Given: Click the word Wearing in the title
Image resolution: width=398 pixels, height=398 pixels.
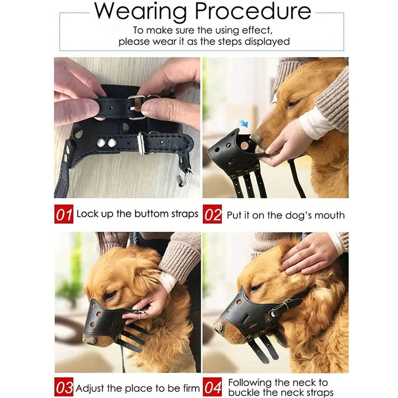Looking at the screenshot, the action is click(140, 12).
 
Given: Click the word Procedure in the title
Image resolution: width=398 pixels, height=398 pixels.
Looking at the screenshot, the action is click(253, 11).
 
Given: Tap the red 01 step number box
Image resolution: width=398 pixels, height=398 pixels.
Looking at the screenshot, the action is click(64, 214).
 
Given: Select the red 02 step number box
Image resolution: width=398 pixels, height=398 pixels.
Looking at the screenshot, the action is click(212, 214).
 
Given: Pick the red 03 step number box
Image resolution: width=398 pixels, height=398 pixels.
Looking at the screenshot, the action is click(64, 387).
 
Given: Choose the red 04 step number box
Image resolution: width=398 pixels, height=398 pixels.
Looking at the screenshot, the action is click(212, 387).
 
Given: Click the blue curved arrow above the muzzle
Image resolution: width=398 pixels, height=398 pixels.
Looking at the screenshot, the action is click(241, 123).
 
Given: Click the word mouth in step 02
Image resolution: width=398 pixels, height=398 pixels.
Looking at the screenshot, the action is click(329, 215).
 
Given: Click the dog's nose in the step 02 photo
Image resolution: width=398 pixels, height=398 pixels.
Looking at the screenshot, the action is click(256, 137).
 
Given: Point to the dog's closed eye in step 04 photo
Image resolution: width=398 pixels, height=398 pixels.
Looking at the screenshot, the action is click(255, 288).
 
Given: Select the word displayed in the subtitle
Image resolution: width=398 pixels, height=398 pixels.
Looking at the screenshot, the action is click(267, 42).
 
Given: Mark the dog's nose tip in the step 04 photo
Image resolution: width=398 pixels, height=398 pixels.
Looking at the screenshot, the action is click(219, 327).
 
